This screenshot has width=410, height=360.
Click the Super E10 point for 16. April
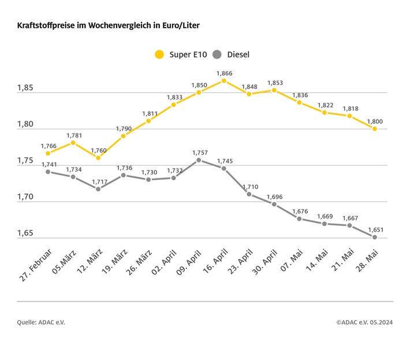[x=224, y=80]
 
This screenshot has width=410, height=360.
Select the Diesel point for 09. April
[x=199, y=160]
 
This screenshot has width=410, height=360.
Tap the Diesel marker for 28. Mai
[x=374, y=237]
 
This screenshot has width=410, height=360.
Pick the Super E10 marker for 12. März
[x=98, y=158]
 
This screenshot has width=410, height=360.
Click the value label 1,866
[x=224, y=73]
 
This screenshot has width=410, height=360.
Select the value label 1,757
[x=199, y=153]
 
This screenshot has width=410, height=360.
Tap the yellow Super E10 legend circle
[x=159, y=55]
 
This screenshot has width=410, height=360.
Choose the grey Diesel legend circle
[x=217, y=55]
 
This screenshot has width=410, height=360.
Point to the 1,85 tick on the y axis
[x=25, y=88]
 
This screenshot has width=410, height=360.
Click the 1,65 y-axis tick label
[x=25, y=234]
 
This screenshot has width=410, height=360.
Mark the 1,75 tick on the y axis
[x=25, y=161]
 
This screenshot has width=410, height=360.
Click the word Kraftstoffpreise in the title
[x=43, y=26]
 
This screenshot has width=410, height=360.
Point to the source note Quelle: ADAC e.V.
[x=41, y=322]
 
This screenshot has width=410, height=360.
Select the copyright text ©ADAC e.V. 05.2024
[x=364, y=322]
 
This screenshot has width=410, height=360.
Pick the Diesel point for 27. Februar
[x=48, y=172]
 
